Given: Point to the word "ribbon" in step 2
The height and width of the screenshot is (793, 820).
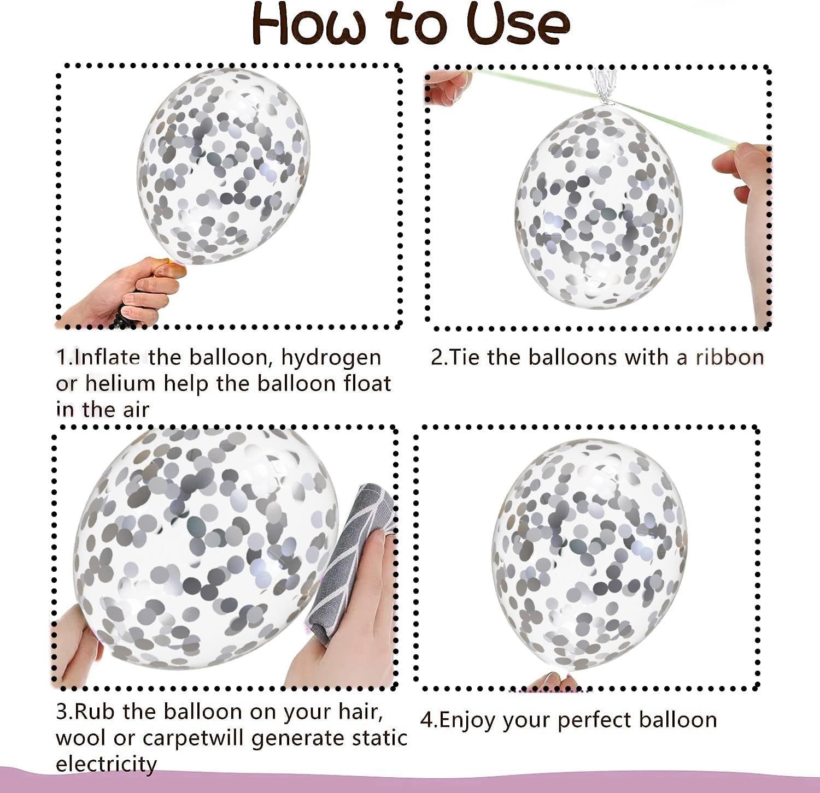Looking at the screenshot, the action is coord(730,357).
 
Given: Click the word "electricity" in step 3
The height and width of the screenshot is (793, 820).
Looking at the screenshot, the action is coord(107,764).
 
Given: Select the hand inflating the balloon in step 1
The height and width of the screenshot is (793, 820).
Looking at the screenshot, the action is coord(126,292).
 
